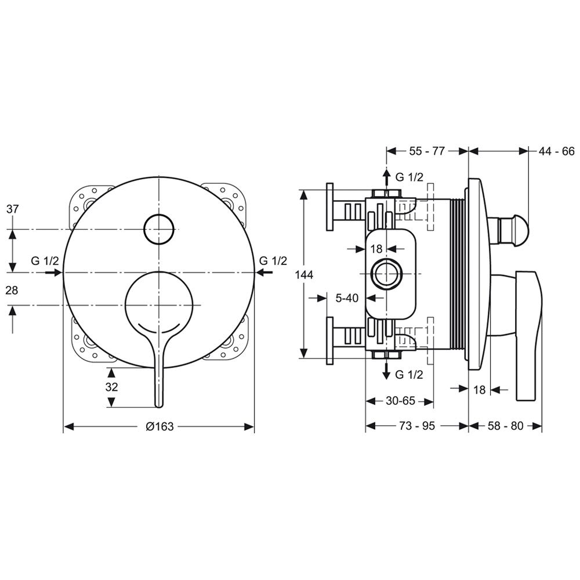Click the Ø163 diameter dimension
tap(159, 426)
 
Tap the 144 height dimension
tap(304, 274)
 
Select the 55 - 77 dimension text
tap(427, 151)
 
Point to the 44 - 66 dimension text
tap(556, 151)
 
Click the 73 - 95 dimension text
tap(417, 426)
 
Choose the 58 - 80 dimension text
tap(505, 426)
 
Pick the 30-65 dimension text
tap(400, 401)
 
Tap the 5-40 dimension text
tap(347, 298)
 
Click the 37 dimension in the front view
tap(12, 209)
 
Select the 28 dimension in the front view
tap(12, 291)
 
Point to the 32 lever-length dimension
tap(111, 387)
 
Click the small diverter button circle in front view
tap(159, 229)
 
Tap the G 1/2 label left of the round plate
tap(45, 261)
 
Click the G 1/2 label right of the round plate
tap(273, 261)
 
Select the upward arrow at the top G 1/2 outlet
tap(386, 179)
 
